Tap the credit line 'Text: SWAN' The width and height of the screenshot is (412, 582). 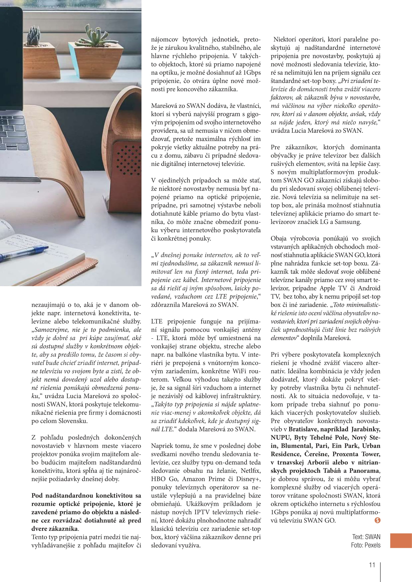(x=366, y=537)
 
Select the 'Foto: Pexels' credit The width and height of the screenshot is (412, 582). (x=366, y=545)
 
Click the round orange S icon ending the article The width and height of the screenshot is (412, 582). (x=377, y=520)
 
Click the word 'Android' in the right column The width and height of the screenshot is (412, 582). (x=369, y=288)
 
